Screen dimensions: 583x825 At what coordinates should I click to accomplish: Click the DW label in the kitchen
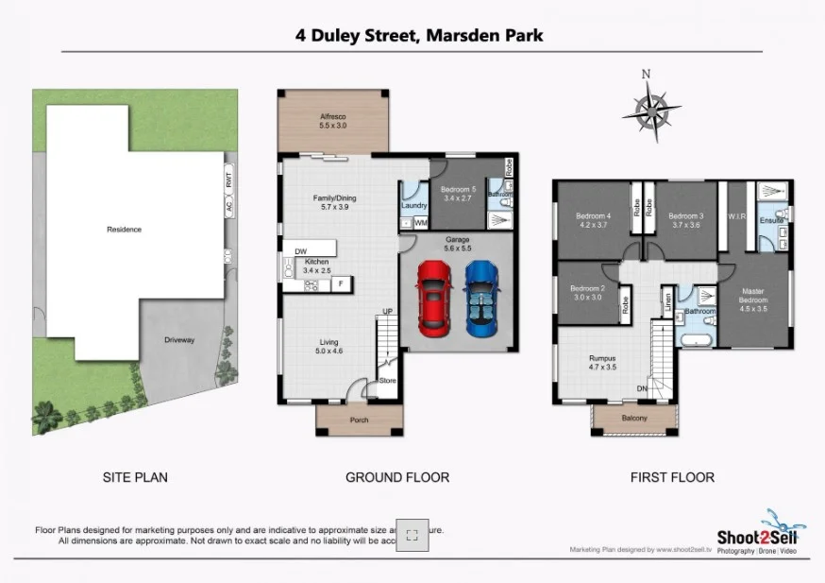coord(300,251)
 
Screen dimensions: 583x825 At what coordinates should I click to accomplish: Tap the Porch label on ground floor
coord(359,420)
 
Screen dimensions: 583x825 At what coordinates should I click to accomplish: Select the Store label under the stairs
coord(387,381)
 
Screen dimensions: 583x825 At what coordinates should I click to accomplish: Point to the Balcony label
coord(634,418)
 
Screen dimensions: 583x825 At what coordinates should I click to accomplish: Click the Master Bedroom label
coord(752,297)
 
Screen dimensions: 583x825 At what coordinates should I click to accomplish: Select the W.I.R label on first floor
coord(737,215)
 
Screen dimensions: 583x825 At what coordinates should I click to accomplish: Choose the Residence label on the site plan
coord(124,229)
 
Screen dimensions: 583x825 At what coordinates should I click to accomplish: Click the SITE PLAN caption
coord(135,477)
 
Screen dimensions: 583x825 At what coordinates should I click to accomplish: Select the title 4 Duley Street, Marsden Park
coord(418,36)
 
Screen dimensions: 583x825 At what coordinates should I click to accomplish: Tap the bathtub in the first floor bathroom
coord(698,338)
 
